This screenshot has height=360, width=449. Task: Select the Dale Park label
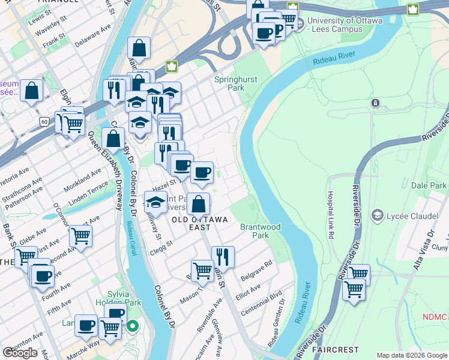(429, 186)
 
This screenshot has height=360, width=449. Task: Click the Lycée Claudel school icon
(378, 215)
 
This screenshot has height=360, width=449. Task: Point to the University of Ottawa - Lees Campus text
(344, 25)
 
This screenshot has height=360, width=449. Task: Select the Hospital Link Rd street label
(330, 215)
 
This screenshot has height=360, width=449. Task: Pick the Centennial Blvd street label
(261, 304)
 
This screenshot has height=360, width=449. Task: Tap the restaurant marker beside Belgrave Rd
(222, 256)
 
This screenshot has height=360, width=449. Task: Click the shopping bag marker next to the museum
(32, 91)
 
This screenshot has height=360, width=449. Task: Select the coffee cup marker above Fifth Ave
(43, 275)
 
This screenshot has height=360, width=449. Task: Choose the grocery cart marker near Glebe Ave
(80, 236)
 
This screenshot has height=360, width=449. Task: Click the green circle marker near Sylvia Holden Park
(133, 327)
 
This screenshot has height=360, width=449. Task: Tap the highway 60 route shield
(44, 122)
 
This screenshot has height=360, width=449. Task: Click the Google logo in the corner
(20, 353)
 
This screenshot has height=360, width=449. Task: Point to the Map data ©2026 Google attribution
(412, 355)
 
